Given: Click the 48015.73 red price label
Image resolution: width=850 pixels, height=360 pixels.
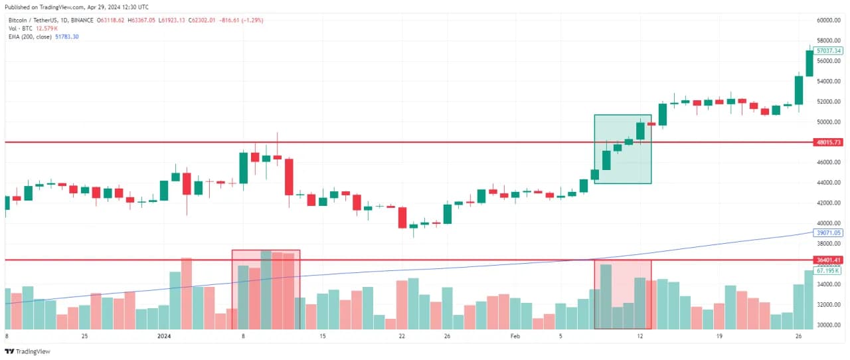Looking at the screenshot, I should (x=829, y=142).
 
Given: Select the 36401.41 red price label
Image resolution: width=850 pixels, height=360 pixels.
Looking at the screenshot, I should (x=829, y=260).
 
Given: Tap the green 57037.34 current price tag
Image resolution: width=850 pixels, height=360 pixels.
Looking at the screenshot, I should (x=829, y=50).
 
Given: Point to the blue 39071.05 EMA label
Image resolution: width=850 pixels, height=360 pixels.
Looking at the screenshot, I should (x=829, y=233).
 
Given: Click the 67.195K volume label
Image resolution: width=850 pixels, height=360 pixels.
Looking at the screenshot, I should (x=828, y=270).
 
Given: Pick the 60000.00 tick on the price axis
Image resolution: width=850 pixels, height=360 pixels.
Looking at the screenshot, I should (x=829, y=21).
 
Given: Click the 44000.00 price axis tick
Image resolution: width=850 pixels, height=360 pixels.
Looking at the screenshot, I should (x=829, y=183).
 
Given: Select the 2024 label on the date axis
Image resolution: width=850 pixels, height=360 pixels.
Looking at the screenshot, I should (x=164, y=336).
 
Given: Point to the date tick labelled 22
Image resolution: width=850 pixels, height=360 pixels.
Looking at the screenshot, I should (x=402, y=336).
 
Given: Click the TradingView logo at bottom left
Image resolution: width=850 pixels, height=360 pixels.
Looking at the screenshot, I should (x=27, y=351).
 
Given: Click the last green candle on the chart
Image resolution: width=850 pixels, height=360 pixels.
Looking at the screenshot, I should (x=809, y=63).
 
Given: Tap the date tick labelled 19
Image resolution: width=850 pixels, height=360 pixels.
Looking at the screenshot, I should (x=719, y=336).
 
